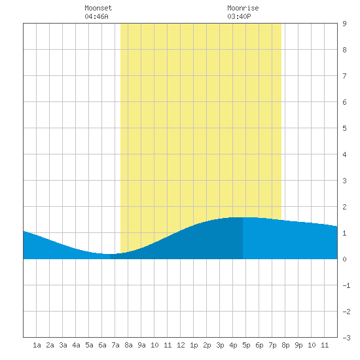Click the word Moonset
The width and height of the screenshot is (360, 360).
pos(98,8)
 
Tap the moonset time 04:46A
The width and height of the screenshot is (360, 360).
pos(96,16)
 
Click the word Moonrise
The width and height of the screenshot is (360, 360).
pos(243,8)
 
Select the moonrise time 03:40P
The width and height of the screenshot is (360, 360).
pos(239,16)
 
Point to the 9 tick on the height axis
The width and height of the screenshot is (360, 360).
pos(344,24)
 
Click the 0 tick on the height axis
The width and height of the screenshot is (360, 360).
pos(344,259)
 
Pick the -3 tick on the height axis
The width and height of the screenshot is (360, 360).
pos(346,338)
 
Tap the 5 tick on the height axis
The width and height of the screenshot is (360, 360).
pos(344,128)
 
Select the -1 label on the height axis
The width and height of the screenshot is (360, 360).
pos(346,285)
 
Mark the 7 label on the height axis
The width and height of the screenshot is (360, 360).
pos(344,76)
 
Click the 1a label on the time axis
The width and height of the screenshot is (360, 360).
pos(37,345)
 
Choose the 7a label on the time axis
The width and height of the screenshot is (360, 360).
pos(115,345)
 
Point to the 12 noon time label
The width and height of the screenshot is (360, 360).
pos(181,345)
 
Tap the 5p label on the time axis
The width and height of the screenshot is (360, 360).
pos(246,345)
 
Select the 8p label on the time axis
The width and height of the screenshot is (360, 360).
pos(285,345)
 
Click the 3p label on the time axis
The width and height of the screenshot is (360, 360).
pos(220,345)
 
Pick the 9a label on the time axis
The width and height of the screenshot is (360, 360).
pos(141,345)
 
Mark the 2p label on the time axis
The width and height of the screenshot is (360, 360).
pos(207,345)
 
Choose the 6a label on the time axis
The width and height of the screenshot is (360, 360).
pos(102,345)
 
